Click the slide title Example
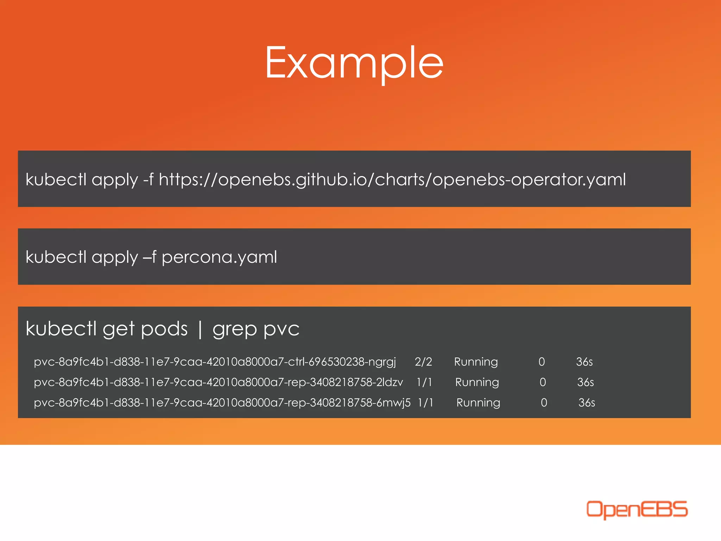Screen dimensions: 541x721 (354, 63)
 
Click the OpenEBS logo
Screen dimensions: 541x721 (637, 509)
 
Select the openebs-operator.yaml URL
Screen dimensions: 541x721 (392, 180)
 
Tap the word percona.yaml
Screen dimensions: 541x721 (219, 257)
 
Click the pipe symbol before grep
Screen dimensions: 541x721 (200, 330)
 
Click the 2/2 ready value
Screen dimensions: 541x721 (423, 362)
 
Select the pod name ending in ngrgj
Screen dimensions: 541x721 (215, 362)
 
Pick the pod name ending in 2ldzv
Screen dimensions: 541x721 (218, 383)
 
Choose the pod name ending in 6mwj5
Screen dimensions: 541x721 (222, 403)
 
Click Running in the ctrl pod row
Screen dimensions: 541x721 (476, 362)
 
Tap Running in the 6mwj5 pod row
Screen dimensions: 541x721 (478, 403)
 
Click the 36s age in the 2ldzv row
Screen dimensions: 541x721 (585, 383)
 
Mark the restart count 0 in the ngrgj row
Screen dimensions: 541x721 (541, 362)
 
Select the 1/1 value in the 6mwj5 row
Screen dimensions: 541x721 (425, 403)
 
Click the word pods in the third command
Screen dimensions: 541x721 (164, 330)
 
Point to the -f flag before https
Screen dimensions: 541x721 (148, 180)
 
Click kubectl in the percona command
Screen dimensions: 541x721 (56, 257)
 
